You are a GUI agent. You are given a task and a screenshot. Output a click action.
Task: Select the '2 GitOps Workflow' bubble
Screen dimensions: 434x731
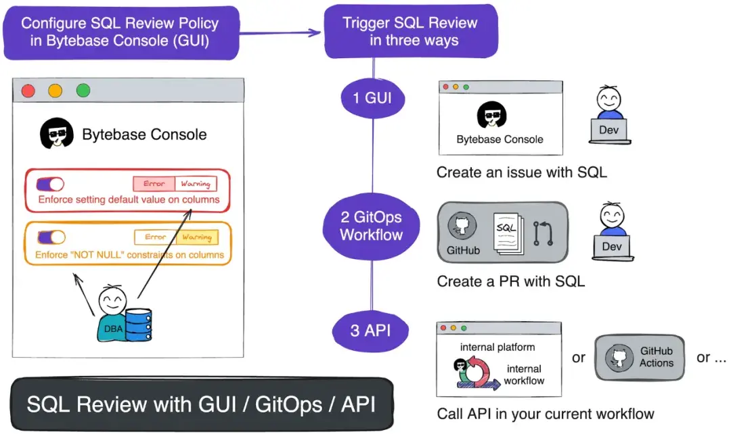[372, 226]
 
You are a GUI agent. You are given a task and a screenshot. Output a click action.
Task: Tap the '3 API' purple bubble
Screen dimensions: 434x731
[372, 331]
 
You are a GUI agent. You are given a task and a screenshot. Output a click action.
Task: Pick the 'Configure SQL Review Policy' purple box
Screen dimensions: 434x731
[120, 32]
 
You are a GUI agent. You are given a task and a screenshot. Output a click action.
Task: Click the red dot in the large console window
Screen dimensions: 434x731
[28, 91]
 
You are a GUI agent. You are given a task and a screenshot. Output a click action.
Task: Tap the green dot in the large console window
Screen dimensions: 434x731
[83, 91]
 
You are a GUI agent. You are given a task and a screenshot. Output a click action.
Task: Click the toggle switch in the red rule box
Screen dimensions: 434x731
[50, 184]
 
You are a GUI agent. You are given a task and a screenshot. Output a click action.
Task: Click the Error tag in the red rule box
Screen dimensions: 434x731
[154, 184]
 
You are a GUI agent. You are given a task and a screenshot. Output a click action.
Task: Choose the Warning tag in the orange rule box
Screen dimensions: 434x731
[197, 237]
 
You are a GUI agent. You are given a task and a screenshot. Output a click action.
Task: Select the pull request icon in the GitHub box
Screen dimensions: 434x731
[544, 232]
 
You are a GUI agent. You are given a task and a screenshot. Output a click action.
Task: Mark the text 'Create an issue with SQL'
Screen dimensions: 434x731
[521, 172]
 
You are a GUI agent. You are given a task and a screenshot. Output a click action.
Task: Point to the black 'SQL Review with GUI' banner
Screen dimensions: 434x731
[202, 404]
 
